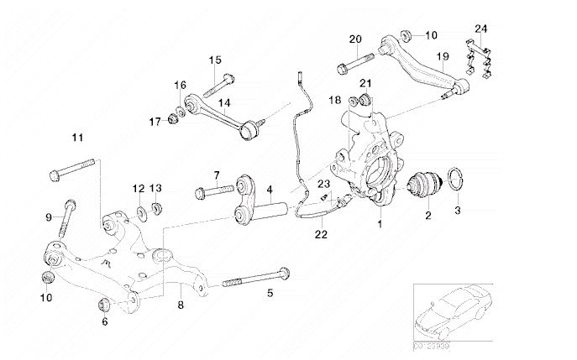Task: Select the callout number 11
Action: (78, 137)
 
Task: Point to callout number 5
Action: (270, 293)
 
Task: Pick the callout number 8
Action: (180, 306)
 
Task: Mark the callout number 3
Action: (458, 211)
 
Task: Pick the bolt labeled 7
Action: (211, 192)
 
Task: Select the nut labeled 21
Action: (365, 103)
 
